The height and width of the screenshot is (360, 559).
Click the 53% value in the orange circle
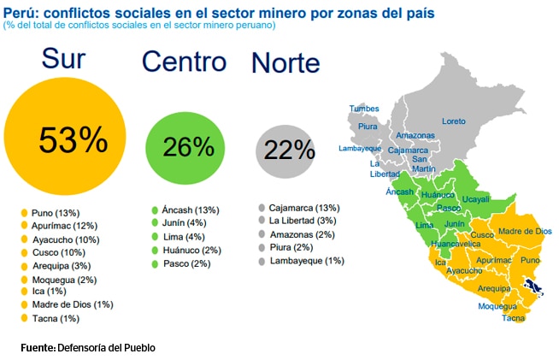pyautogui.click(x=74, y=139)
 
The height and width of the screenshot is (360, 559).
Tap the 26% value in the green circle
pyautogui.click(x=188, y=146)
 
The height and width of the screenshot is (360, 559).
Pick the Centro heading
pyautogui.click(x=184, y=62)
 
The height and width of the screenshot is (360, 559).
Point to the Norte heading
pyautogui.click(x=285, y=63)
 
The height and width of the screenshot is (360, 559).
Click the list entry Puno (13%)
pyautogui.click(x=55, y=213)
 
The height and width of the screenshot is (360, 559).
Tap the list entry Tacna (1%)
pyautogui.click(x=56, y=318)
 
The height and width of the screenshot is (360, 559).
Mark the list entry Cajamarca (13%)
pyautogui.click(x=303, y=208)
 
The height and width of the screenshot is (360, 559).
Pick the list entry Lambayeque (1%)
pyautogui.click(x=306, y=260)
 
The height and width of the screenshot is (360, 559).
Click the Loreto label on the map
pyautogui.click(x=453, y=121)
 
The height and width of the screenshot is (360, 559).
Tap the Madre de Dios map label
pyautogui.click(x=522, y=232)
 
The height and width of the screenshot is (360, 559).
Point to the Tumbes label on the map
pyautogui.click(x=363, y=109)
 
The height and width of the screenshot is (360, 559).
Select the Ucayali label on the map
pyautogui.click(x=475, y=199)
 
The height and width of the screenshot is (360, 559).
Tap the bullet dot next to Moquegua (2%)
pyautogui.click(x=26, y=279)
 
